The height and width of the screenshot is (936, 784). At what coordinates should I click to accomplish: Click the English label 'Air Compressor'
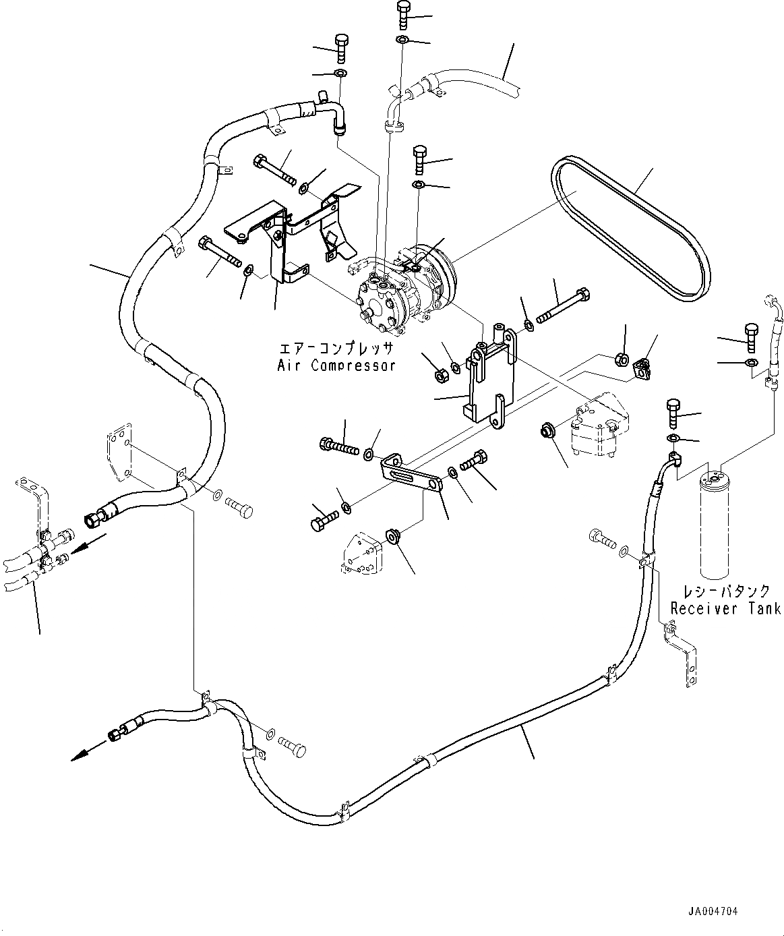pos(336,365)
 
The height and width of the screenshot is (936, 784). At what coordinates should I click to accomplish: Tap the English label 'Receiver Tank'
pos(725,608)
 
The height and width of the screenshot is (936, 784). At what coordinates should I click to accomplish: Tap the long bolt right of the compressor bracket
pos(564,304)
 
